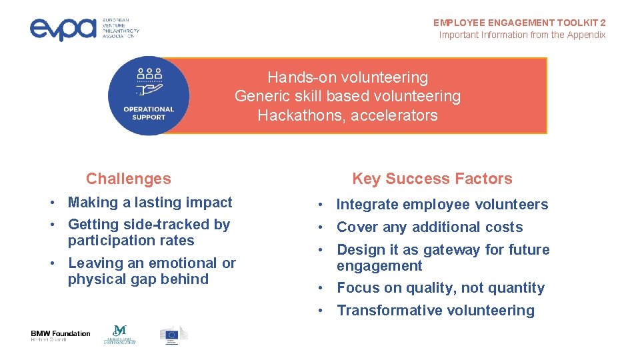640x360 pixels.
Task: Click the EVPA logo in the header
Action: [84, 28]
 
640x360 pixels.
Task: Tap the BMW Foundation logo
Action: [60, 336]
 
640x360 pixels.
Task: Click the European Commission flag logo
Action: [173, 335]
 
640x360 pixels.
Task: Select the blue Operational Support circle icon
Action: [149, 96]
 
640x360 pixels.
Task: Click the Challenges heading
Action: [128, 179]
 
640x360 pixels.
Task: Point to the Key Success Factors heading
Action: [432, 179]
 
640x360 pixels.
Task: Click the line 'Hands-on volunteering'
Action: [347, 78]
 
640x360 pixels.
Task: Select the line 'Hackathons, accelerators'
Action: [347, 115]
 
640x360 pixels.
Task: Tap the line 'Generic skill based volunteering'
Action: [347, 97]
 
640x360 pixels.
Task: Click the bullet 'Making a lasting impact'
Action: [150, 203]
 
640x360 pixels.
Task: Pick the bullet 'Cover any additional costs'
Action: [429, 227]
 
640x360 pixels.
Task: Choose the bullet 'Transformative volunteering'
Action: [435, 311]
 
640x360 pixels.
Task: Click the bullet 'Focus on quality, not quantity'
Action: [441, 288]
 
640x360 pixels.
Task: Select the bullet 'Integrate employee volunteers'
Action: [442, 205]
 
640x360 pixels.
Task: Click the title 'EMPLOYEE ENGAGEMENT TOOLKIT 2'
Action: [519, 23]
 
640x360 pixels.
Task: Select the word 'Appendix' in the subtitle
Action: [585, 35]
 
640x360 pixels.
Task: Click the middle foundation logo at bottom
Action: [119, 335]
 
